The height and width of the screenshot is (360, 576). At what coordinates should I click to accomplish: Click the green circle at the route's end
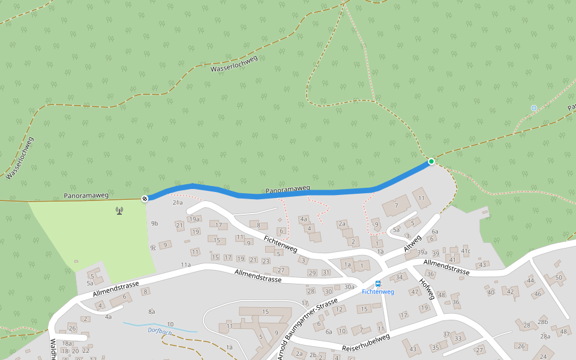(431, 161)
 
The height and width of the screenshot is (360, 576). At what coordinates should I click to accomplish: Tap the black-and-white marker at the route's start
(145, 199)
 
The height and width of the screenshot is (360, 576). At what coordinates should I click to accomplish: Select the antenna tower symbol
(119, 211)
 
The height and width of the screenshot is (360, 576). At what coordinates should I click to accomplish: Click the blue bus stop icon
(377, 284)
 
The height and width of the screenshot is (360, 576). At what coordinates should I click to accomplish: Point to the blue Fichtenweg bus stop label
(377, 292)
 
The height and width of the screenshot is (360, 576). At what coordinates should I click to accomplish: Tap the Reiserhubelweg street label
(366, 343)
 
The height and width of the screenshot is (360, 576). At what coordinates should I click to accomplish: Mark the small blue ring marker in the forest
(534, 108)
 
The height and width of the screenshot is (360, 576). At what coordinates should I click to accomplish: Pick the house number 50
(559, 277)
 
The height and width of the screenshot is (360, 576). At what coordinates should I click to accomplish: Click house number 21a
(178, 203)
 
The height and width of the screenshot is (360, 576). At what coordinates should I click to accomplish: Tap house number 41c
(466, 250)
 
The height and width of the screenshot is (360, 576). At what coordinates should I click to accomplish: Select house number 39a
(422, 253)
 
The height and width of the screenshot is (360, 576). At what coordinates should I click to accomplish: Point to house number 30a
(349, 287)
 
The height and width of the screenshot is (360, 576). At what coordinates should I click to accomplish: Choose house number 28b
(543, 322)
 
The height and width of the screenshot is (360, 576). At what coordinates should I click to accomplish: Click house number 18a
(67, 343)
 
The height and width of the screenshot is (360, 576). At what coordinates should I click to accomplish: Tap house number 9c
(153, 248)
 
